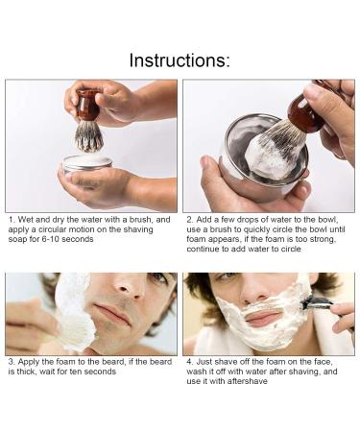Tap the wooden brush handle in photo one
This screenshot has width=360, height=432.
point(88,106)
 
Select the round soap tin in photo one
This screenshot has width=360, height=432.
point(87,164)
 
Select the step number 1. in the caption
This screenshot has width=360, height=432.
point(11,220)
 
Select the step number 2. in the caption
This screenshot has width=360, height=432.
point(188,220)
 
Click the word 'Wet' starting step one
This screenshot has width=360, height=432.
point(26,220)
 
